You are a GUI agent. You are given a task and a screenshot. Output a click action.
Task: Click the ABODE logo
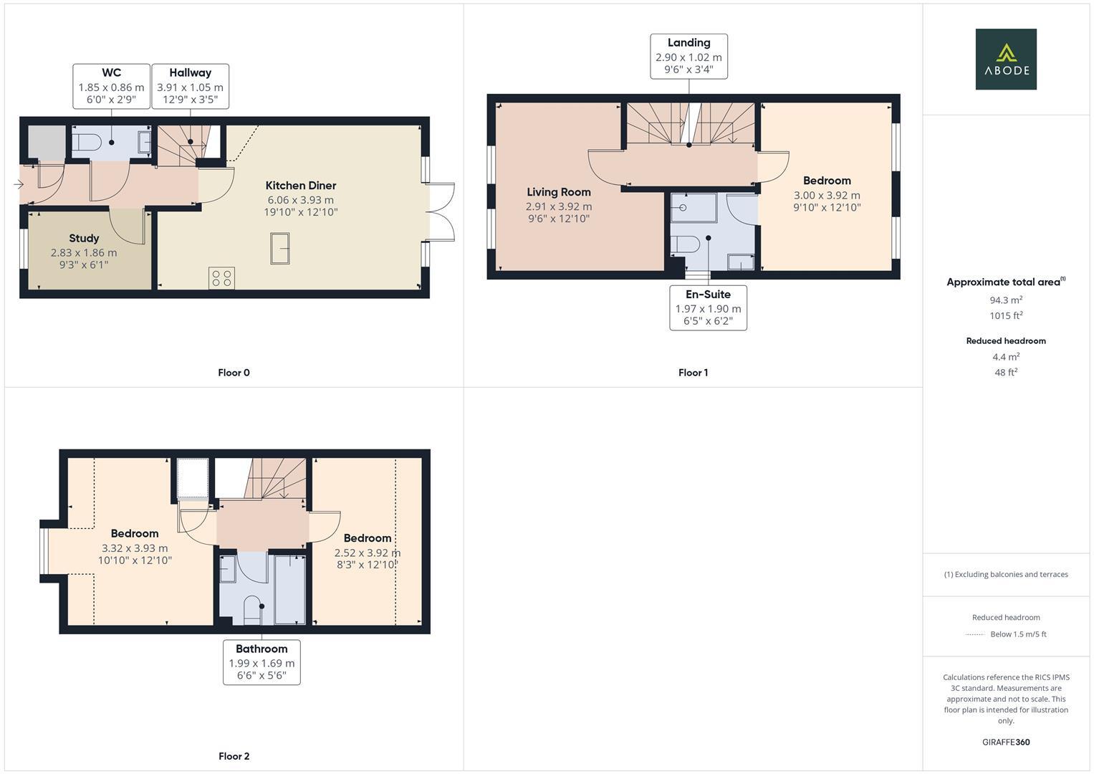[x=1005, y=59]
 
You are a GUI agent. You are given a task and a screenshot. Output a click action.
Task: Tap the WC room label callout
[x=111, y=86]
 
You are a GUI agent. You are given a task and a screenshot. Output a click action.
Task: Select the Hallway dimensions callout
[x=190, y=86]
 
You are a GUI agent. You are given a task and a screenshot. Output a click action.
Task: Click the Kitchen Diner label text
[x=301, y=186]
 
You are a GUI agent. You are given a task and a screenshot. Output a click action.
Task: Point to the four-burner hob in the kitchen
[x=221, y=278]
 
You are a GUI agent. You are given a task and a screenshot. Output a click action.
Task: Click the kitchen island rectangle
[x=279, y=249]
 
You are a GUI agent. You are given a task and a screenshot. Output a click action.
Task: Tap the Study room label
[x=84, y=239]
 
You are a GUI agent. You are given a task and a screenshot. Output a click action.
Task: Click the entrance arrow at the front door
[x=18, y=185]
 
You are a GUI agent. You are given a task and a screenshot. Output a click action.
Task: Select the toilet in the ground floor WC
[x=85, y=143]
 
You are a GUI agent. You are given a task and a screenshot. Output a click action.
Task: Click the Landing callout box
[x=688, y=56]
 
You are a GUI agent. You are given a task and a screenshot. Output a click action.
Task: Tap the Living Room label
[x=558, y=192]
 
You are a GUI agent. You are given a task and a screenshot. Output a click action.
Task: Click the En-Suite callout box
[x=708, y=307]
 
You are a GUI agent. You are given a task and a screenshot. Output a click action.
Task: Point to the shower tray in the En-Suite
[x=693, y=208]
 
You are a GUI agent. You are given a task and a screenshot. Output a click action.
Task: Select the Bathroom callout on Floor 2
[x=261, y=662]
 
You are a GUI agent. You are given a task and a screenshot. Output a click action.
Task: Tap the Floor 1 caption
[x=693, y=373]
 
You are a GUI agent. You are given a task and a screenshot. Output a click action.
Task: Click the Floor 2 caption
[x=234, y=756]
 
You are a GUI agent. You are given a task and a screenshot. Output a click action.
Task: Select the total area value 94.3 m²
[x=1005, y=300]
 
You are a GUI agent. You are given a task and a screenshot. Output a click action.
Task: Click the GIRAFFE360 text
[x=1005, y=742]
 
